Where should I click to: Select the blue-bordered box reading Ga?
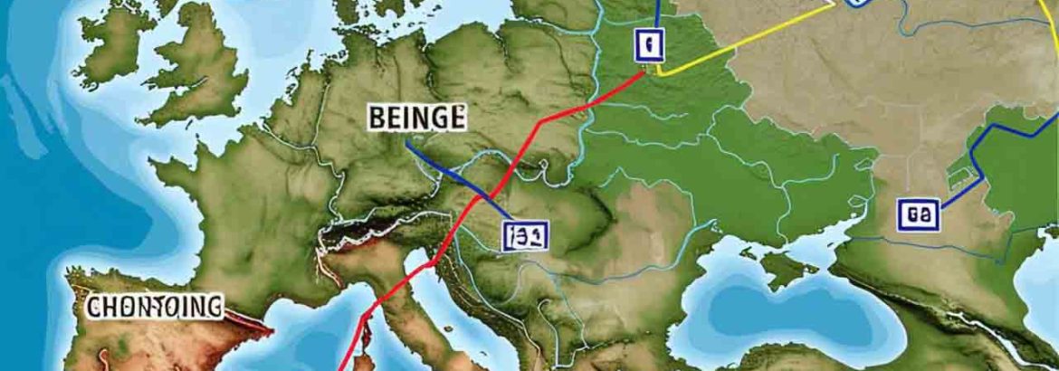click(x=919, y=214)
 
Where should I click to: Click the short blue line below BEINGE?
click(x=453, y=172)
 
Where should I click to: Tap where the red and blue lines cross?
click(x=490, y=195)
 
